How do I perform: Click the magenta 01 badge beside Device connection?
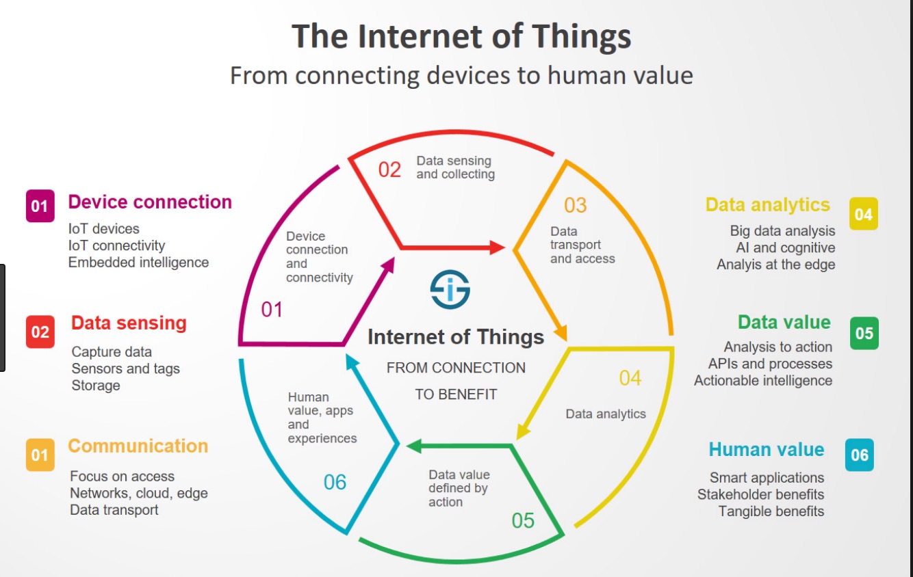click(40, 206)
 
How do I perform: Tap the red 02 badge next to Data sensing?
click(40, 332)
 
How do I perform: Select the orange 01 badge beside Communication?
click(40, 455)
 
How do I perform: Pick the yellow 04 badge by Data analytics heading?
click(864, 214)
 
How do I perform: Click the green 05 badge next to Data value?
click(864, 333)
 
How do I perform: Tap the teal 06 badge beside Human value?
click(859, 455)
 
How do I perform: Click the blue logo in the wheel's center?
click(450, 289)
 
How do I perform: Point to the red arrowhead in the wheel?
click(498, 247)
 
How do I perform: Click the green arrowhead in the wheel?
click(415, 446)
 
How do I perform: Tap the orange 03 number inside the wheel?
click(575, 205)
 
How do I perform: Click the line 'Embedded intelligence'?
click(138, 263)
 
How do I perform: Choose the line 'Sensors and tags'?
click(125, 368)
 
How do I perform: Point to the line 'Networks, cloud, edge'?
click(138, 493)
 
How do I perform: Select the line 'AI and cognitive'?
click(786, 247)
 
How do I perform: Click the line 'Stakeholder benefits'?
click(760, 494)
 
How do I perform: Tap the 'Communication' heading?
click(138, 446)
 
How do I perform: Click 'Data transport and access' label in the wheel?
click(582, 245)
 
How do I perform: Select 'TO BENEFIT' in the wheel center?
click(456, 394)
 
